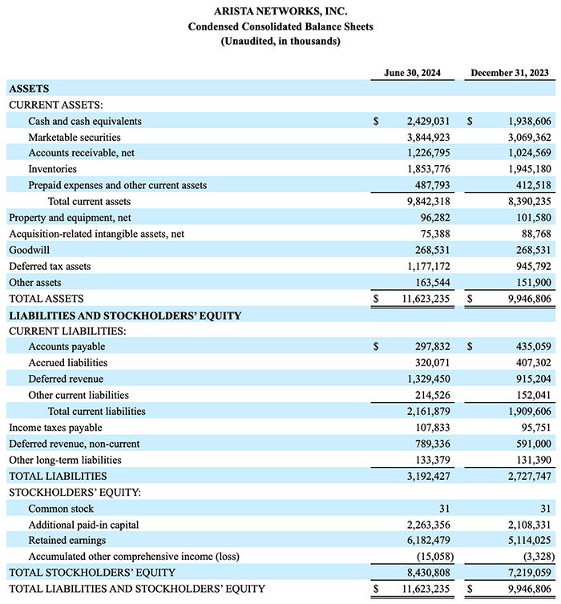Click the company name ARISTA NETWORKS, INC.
280,11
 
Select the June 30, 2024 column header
410,74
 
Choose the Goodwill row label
29,250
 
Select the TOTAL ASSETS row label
46,299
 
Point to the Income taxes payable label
56,428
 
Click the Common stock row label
61,509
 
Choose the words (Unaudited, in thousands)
280,41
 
